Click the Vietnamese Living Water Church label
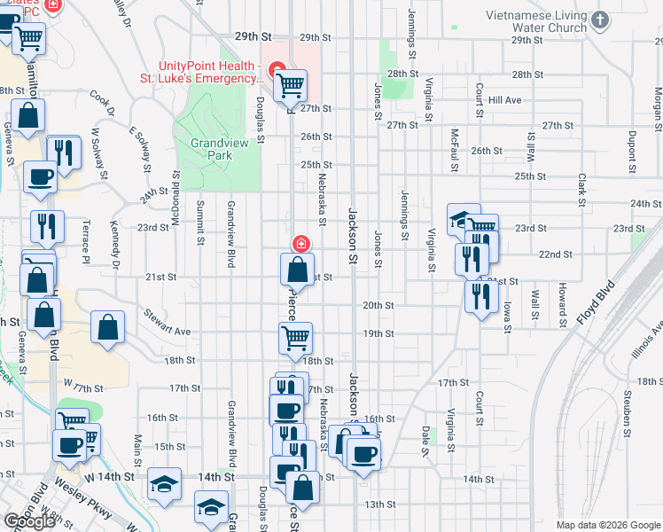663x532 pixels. [x=536, y=22]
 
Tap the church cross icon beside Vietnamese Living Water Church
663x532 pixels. [x=600, y=20]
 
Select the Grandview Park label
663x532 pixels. [x=211, y=148]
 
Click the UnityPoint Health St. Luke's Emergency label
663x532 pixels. [x=211, y=72]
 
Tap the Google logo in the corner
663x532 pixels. [x=29, y=521]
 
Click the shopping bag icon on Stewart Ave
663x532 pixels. [x=107, y=326]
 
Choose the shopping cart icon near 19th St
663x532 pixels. [x=295, y=336]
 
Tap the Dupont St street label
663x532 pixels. [x=632, y=150]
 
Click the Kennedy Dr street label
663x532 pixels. [x=115, y=243]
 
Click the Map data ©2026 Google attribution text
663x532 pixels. [x=607, y=525]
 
